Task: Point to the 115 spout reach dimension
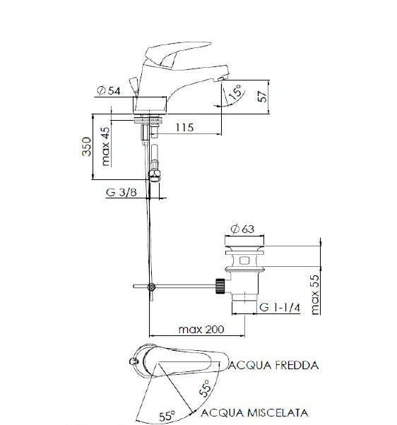(185, 128)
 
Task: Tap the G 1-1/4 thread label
(280, 308)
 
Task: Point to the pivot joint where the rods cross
(150, 287)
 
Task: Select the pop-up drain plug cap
(242, 249)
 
